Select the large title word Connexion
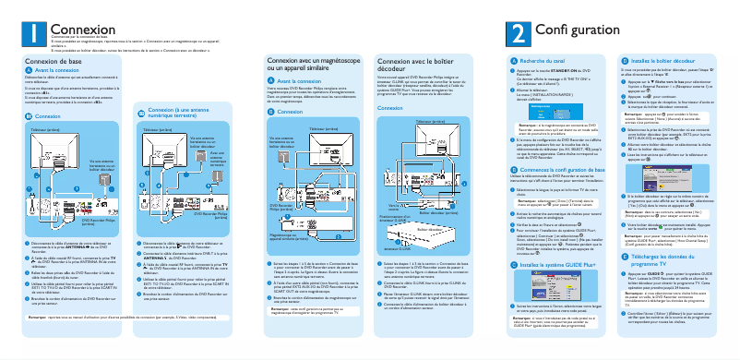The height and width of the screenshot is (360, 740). (x=77, y=31)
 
